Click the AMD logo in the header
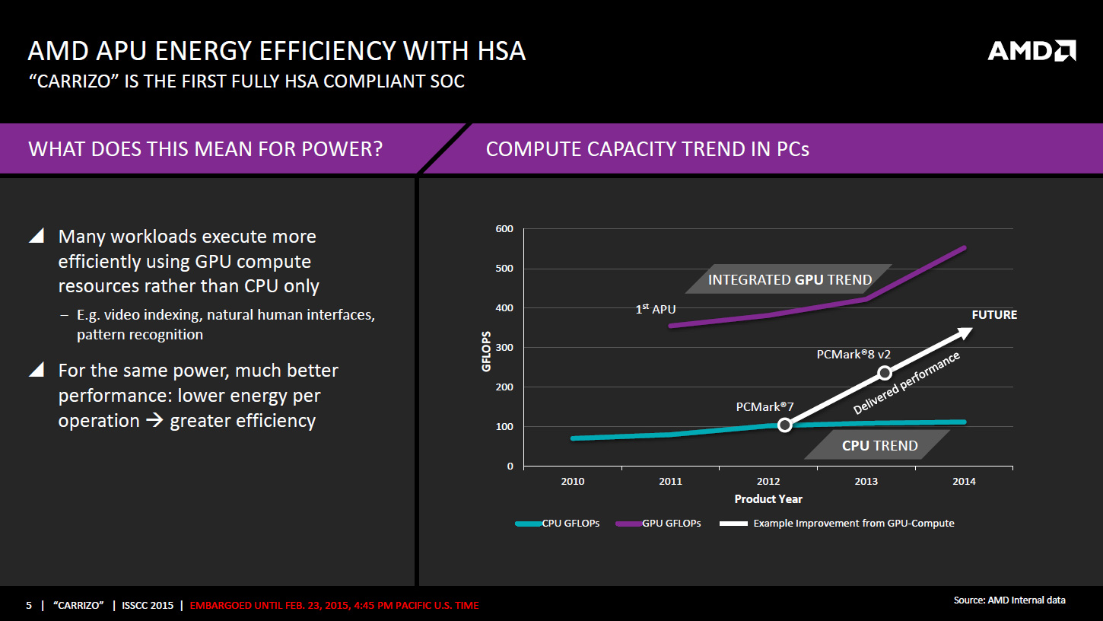pos(1031,51)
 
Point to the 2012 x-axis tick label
pos(768,481)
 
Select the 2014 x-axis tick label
pos(964,481)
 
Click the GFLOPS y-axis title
pos(486,351)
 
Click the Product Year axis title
pos(768,499)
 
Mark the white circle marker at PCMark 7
pos(785,425)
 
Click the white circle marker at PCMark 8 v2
pos(884,373)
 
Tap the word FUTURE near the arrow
pos(994,315)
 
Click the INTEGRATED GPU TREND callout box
pos(790,279)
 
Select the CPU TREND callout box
pos(879,445)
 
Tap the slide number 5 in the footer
pos(29,606)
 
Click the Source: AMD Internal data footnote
pos(1009,600)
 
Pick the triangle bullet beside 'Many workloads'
pos(37,237)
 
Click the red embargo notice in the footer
pos(334,606)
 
